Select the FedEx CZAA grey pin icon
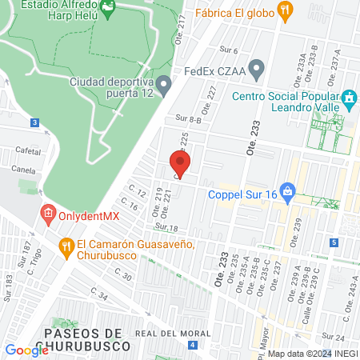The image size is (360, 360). (256, 69)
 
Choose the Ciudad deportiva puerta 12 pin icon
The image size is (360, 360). (163, 82)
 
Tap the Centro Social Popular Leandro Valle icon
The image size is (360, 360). (349, 100)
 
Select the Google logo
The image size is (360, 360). (26, 350)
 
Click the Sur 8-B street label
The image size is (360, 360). (189, 118)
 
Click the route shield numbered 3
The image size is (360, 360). (34, 123)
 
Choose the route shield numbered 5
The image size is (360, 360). (333, 242)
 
